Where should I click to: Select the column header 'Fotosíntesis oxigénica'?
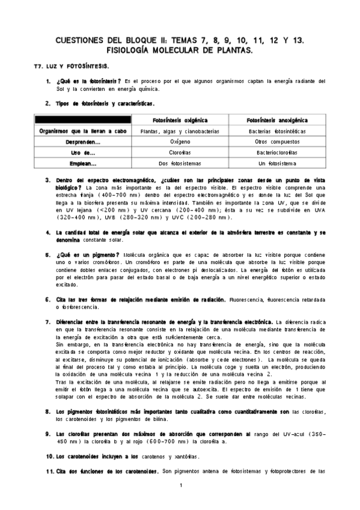click(x=180, y=120)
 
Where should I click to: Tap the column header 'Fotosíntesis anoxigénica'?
click(x=276, y=120)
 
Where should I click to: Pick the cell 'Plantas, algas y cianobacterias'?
click(x=180, y=131)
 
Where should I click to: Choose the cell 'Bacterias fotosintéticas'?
click(x=276, y=131)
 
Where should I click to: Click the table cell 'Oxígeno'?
click(x=180, y=141)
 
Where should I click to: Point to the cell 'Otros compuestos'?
click(x=276, y=141)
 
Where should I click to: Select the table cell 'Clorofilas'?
click(x=180, y=152)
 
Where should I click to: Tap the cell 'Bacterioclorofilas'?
click(x=276, y=152)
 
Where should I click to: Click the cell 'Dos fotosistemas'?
click(x=180, y=163)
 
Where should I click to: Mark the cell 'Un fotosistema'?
click(x=276, y=163)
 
